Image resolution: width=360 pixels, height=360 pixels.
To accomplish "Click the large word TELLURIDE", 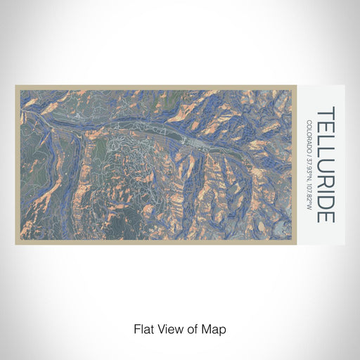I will (326, 165).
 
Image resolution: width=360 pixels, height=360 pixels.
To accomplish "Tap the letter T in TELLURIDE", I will (326, 112).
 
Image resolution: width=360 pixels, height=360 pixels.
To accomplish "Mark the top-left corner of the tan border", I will (16, 86).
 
